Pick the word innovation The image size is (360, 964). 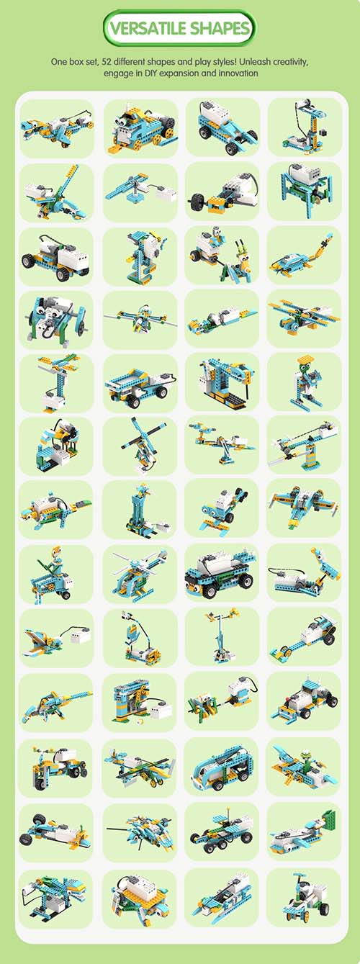[238, 73]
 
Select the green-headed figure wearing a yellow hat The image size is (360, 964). [305, 381]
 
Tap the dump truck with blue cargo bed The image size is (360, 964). [137, 385]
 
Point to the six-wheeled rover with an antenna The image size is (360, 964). [221, 829]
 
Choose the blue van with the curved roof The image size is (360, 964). [222, 767]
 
